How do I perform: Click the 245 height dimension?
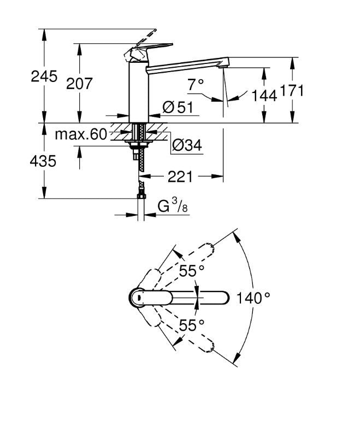(x=44, y=77)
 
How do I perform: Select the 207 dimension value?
(x=80, y=84)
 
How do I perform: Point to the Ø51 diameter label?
(x=178, y=108)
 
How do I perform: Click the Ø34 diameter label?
(x=186, y=145)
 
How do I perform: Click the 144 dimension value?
(x=264, y=95)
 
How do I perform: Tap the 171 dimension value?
(x=292, y=91)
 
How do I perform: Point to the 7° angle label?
(x=195, y=84)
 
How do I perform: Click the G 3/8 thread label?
(x=169, y=206)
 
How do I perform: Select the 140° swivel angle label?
(x=253, y=298)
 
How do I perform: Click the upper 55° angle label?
(x=192, y=270)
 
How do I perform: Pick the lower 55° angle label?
(x=192, y=325)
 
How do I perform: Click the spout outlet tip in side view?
(x=223, y=66)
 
